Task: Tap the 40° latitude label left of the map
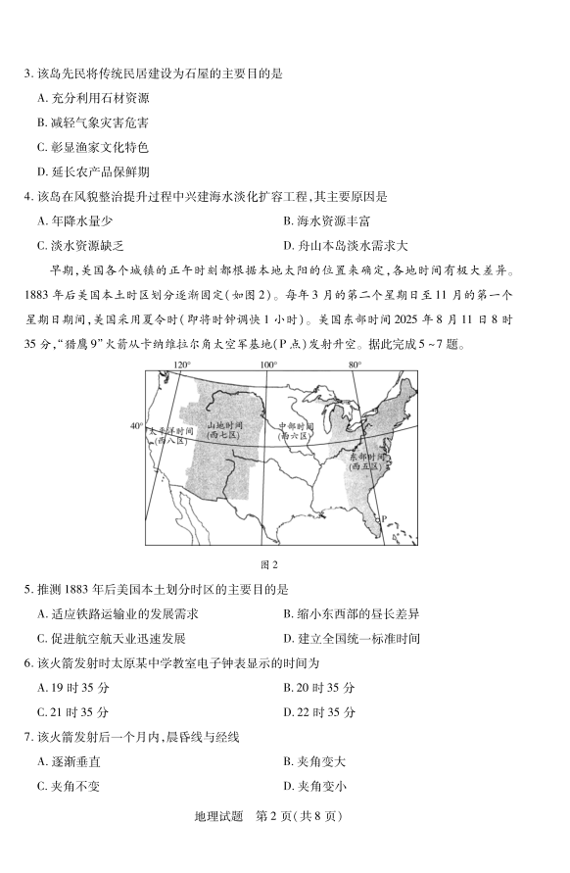136,425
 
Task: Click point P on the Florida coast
384,520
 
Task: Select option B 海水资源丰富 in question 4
327,221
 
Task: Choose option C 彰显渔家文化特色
93,147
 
